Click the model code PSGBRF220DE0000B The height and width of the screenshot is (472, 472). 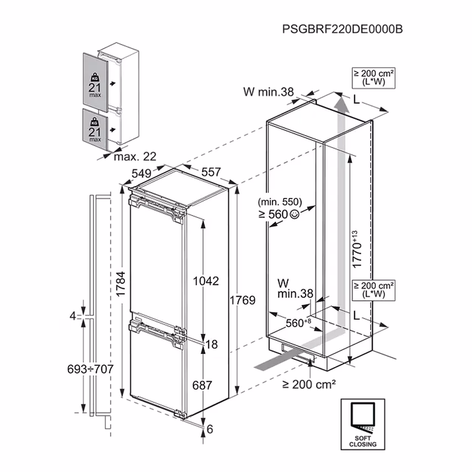pos(342,29)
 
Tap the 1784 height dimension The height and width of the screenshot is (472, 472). pos(121,284)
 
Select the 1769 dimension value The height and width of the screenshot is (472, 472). pos(242,300)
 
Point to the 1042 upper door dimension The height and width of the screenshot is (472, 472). pos(206,281)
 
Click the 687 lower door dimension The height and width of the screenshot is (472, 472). pos(202,385)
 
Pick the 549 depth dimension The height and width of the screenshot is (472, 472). pos(142,173)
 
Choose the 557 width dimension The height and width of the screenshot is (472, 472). pos(211,172)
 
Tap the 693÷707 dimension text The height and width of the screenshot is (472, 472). pos(90,369)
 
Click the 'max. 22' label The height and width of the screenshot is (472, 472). pos(135,156)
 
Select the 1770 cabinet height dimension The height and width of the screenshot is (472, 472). pos(357,250)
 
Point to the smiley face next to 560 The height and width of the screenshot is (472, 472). pos(295,214)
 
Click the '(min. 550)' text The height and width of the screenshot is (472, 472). pos(280,202)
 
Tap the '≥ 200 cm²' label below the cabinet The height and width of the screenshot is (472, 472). pos(309,384)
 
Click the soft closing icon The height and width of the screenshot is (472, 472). pos(363,424)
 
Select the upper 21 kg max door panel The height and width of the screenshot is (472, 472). pos(95,81)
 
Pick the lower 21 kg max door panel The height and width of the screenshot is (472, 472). pos(95,129)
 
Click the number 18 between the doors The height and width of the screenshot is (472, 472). pos(212,344)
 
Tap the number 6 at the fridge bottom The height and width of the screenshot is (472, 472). pos(210,429)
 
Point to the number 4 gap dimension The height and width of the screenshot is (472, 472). pos(73,316)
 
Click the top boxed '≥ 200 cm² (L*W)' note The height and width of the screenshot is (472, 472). pos(374,78)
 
